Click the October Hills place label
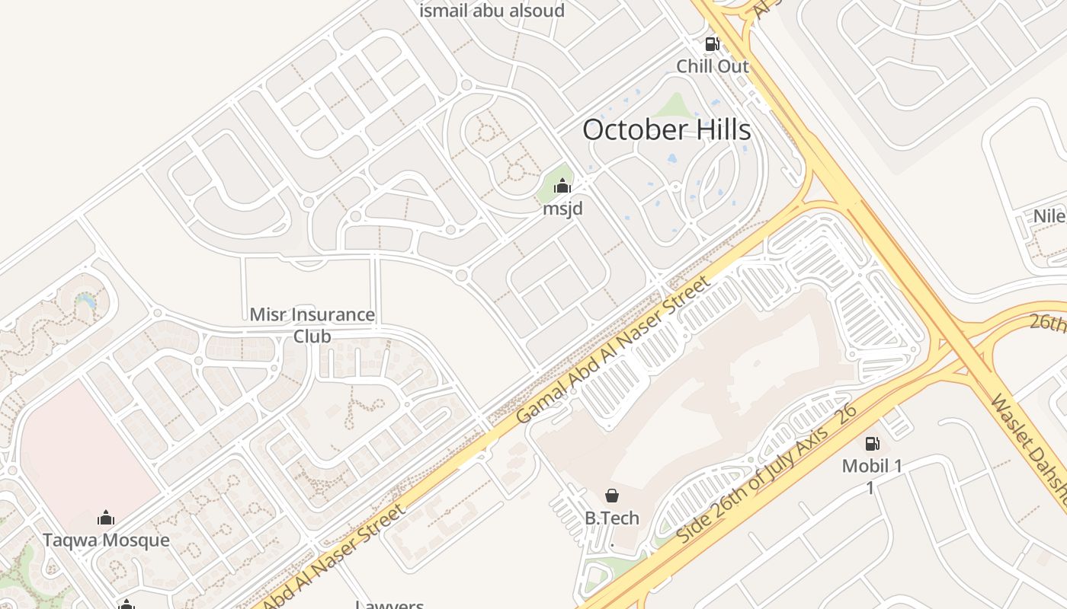[666, 129]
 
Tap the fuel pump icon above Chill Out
[712, 44]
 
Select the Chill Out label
[713, 66]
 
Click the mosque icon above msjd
[562, 186]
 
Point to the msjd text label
[562, 208]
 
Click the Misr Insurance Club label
[312, 325]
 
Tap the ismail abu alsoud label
[492, 11]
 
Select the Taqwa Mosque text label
[106, 540]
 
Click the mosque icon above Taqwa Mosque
[106, 518]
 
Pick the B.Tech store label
[611, 518]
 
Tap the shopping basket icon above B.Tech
[611, 496]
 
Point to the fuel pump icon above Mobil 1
[872, 443]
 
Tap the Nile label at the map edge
[1049, 216]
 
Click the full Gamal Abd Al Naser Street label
[614, 349]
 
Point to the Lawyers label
[389, 604]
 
